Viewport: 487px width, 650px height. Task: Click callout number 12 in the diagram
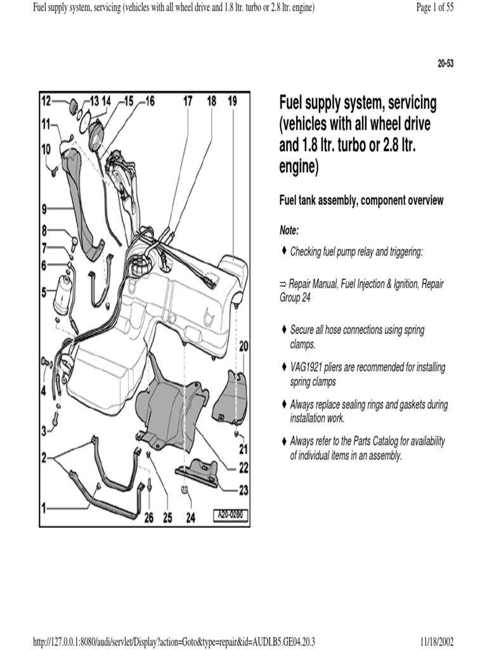pos(46,100)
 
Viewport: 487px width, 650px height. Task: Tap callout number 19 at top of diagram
pos(232,100)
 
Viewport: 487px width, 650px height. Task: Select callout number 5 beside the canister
pos(44,293)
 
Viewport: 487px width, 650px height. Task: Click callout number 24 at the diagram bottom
pos(190,518)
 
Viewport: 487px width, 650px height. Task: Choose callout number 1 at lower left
pos(44,507)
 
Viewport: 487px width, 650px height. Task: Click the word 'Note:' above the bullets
pos(289,229)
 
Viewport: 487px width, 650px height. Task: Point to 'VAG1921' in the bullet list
pos(306,367)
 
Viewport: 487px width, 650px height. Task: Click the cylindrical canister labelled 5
pos(66,293)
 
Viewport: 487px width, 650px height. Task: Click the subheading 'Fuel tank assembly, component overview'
pos(361,201)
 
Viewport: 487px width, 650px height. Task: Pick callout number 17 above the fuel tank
pos(188,100)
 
